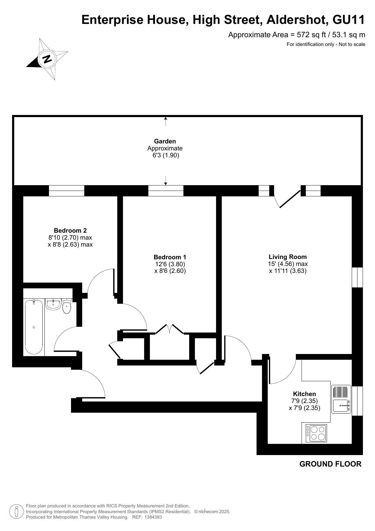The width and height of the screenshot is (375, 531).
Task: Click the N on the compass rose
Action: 47,59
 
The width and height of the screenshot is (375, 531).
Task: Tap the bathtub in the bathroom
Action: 34,327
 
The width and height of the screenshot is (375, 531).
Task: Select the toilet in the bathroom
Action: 67,306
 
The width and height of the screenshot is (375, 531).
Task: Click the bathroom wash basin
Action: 53,304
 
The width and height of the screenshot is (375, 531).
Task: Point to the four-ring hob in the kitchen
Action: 316,433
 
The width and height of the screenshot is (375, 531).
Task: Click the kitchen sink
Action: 341,399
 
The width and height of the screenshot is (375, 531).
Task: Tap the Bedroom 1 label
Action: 170,257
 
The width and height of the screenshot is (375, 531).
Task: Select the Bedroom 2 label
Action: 70,231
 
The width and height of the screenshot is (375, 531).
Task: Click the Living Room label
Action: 288,257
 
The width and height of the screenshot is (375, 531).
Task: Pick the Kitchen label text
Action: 304,394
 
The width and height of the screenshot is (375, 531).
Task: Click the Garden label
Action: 165,141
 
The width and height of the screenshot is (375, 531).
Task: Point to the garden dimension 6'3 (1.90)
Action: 166,156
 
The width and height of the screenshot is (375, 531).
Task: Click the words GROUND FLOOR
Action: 330,464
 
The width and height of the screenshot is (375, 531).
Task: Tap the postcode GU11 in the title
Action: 349,20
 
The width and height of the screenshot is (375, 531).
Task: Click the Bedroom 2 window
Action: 66,191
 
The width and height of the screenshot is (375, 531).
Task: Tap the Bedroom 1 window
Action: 166,191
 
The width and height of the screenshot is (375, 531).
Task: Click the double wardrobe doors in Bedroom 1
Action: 170,329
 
